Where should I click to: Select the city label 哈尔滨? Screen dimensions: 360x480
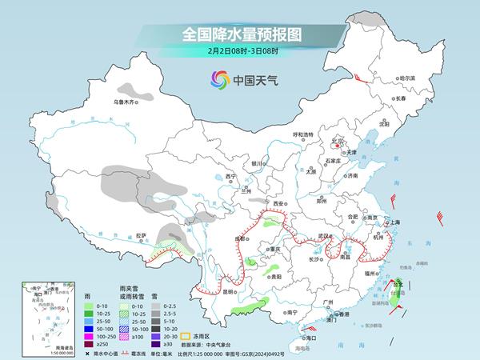point(407,78)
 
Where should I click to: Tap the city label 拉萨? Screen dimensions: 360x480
point(142,235)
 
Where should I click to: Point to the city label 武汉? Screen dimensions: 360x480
point(325,235)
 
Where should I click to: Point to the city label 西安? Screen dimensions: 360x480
point(279,205)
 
